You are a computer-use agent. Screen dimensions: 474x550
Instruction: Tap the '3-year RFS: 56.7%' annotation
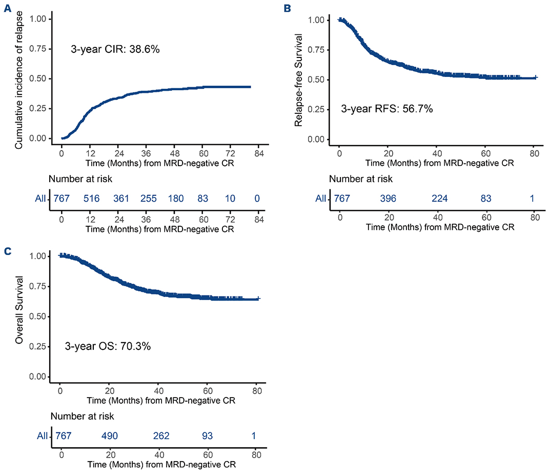pyautogui.click(x=387, y=109)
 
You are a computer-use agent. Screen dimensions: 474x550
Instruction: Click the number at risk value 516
pyautogui.click(x=94, y=198)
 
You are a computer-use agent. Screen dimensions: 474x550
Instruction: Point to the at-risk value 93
pyautogui.click(x=208, y=436)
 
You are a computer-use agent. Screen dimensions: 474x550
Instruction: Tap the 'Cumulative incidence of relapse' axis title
pyautogui.click(x=19, y=80)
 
